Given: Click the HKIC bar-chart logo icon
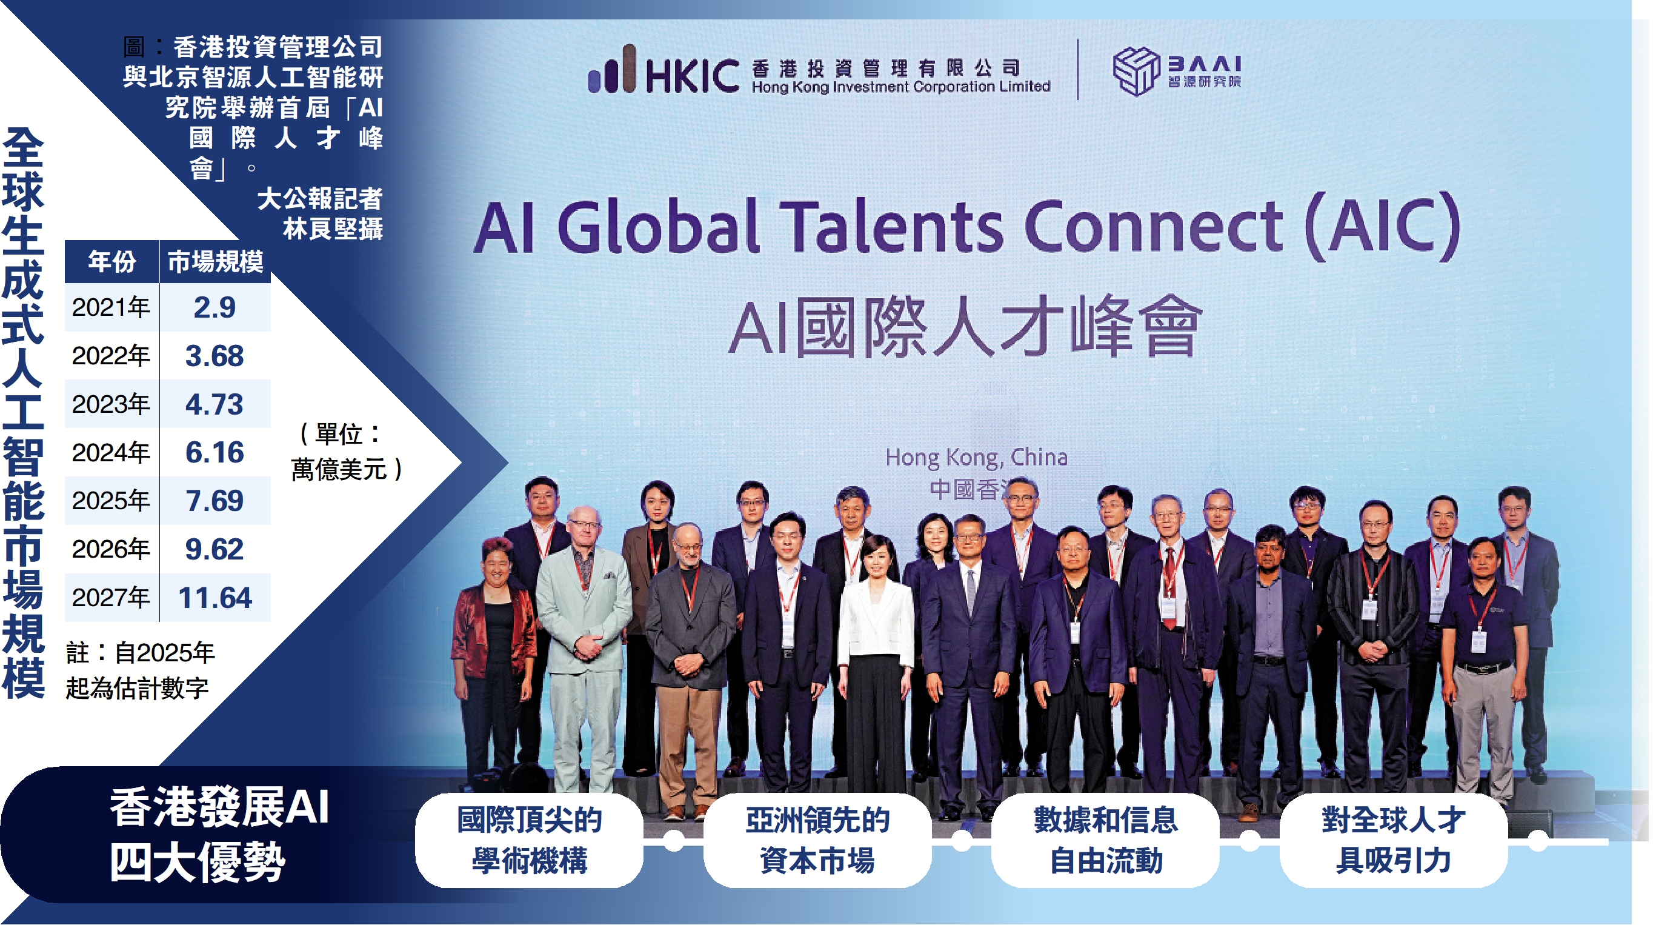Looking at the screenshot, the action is [611, 68].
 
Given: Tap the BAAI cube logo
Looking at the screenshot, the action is [1136, 70].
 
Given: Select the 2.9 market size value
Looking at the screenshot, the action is [215, 307].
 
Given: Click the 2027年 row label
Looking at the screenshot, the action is [111, 598].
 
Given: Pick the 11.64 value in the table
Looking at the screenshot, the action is [215, 598].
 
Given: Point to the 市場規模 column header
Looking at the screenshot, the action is [216, 262].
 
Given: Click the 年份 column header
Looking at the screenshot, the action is [111, 262].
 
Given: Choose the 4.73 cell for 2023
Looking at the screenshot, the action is [215, 404].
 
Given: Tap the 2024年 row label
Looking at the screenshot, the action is [111, 453].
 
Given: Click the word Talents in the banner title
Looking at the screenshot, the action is [891, 226].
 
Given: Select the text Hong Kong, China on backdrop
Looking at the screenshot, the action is [976, 457].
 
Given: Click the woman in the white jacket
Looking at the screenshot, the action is [874, 661].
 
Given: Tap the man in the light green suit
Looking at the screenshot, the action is [584, 649].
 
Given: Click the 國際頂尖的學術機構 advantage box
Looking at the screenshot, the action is [530, 840].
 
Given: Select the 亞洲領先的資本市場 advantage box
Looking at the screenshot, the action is [817, 840].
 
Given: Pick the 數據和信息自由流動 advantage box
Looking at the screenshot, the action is [1106, 840].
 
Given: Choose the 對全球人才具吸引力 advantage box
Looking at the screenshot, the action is [1394, 840].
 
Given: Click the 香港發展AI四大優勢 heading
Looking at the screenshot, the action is [219, 834].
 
